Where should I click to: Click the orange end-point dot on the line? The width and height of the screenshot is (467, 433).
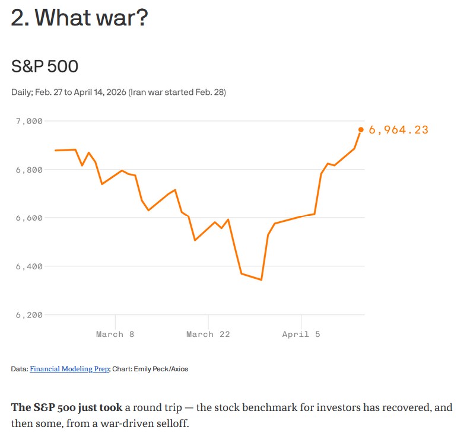point(361,129)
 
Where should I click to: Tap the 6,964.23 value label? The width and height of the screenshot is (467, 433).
point(398,130)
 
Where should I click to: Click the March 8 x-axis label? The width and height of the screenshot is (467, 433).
point(115,335)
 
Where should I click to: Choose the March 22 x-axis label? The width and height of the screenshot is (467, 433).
point(208,335)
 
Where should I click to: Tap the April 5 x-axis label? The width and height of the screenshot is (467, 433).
point(301,335)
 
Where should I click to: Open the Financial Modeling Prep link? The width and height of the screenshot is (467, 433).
point(69,369)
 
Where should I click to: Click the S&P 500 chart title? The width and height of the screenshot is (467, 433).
point(45,66)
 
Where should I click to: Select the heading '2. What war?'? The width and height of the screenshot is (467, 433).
point(80,18)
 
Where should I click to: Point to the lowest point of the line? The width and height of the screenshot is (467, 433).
point(261,279)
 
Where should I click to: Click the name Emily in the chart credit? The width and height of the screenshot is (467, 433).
point(142,369)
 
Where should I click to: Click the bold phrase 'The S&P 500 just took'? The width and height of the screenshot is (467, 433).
point(66,408)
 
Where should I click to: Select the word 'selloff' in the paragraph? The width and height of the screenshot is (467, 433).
point(172,424)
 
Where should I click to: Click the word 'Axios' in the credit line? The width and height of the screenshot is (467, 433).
point(178,369)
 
